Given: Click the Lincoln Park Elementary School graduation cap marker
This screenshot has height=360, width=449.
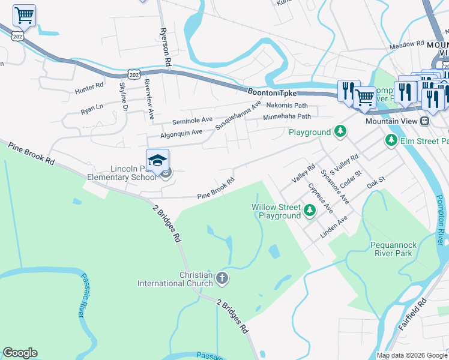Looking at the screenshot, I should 158,161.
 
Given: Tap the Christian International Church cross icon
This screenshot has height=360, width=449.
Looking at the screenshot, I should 222,278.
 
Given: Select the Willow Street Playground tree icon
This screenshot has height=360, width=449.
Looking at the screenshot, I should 310,210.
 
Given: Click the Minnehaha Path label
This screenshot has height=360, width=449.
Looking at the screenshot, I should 287,116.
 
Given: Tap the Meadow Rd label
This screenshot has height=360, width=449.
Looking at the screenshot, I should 406,45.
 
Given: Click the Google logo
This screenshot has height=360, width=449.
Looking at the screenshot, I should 20,353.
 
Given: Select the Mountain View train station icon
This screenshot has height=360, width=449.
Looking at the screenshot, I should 425,121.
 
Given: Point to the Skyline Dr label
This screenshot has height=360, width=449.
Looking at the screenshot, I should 124,95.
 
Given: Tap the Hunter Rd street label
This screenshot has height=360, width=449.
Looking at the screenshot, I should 89,89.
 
